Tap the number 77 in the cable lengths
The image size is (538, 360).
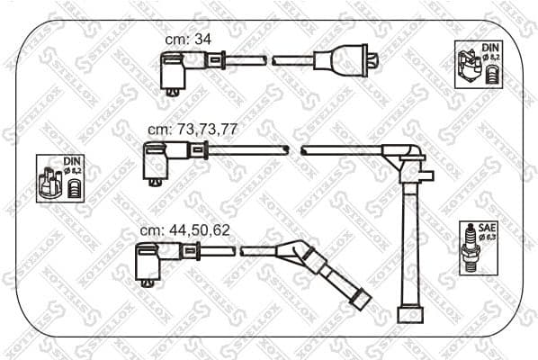(x=229, y=129)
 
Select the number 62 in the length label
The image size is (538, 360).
(x=220, y=229)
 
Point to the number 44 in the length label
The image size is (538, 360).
(x=175, y=229)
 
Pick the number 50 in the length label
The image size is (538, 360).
(x=198, y=229)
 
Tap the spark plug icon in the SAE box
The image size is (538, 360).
(x=468, y=247)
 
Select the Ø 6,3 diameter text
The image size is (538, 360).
(x=488, y=238)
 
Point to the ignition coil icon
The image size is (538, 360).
(x=469, y=65)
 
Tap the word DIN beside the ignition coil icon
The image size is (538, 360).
(x=489, y=47)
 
